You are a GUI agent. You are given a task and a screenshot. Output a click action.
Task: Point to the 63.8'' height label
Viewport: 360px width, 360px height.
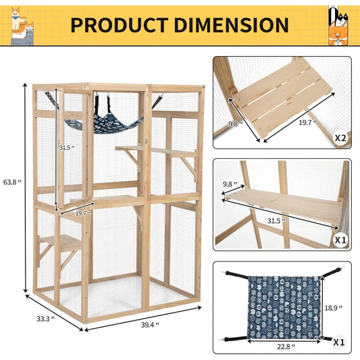pos(12,182)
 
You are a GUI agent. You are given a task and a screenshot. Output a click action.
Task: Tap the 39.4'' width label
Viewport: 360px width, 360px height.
pos(149,325)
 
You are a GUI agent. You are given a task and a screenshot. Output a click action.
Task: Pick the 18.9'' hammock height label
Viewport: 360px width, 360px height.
pos(333,307)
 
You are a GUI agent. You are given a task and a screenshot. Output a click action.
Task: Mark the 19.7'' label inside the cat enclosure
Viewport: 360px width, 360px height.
pos(82,212)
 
